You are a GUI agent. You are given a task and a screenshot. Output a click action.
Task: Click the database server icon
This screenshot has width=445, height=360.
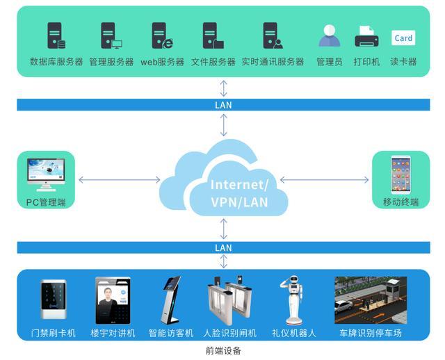tap(56, 35)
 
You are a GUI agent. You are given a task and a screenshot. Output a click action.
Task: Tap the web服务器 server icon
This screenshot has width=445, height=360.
tap(162, 35)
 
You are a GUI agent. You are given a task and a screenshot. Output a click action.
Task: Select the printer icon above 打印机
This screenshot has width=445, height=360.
tap(366, 36)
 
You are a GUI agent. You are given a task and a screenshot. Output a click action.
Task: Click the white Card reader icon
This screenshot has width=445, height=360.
tap(403, 38)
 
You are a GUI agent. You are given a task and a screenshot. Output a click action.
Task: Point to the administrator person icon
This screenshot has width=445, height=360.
tap(329, 35)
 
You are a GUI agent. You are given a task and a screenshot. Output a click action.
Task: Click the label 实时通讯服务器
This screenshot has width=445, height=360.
tap(273, 62)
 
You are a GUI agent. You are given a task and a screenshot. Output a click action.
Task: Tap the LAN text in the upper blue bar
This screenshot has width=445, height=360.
tap(223, 105)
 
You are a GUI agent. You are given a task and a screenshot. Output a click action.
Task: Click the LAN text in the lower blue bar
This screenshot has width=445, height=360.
tap(223, 248)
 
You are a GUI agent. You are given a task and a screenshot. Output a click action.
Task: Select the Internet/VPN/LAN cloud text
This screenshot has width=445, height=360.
tap(239, 193)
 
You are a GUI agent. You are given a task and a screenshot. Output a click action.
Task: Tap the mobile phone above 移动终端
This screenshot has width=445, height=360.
tap(400, 174)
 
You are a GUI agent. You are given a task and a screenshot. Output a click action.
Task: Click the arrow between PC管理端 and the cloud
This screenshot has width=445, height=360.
tap(119, 179)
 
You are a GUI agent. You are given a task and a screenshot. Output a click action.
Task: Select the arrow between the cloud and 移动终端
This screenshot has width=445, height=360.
tap(324, 179)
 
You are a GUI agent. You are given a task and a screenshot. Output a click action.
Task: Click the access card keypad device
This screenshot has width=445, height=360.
tap(54, 300)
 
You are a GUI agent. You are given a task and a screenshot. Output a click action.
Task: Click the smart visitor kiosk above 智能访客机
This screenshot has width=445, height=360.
tap(172, 300)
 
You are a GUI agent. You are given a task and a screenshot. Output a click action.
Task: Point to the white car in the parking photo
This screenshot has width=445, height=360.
tap(343, 306)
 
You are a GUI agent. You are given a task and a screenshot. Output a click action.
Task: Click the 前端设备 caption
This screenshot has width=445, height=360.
tap(223, 351)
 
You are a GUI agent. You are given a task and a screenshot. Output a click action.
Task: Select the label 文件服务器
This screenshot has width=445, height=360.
tap(213, 62)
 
